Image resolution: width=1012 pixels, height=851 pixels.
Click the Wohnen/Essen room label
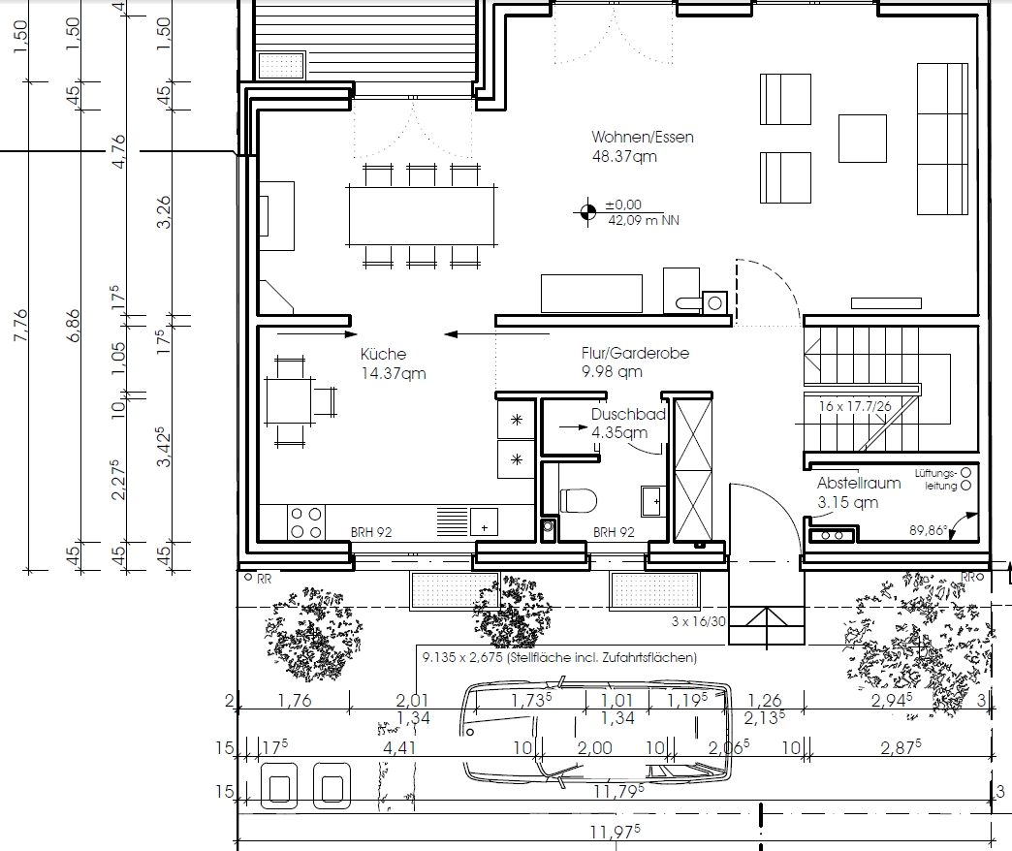[642, 137]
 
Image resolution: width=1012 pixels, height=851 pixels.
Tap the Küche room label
[383, 354]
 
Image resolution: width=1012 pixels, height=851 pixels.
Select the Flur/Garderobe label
[635, 353]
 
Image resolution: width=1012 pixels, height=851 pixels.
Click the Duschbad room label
[628, 414]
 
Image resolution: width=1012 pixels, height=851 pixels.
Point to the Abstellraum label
[859, 483]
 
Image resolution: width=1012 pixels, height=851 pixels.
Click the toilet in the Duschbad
[579, 500]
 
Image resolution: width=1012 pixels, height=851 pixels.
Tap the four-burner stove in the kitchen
[306, 522]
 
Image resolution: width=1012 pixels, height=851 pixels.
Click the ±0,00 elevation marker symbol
[587, 211]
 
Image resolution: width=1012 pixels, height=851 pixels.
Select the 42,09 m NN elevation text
[644, 220]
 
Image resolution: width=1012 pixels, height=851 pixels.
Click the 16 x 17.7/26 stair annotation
[855, 406]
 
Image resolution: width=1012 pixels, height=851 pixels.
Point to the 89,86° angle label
[928, 530]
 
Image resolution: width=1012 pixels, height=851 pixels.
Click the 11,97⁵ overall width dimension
[616, 831]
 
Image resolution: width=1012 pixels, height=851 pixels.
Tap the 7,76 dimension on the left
[20, 326]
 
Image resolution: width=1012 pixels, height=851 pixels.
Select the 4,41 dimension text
[399, 747]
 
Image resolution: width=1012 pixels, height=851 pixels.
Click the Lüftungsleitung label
[935, 480]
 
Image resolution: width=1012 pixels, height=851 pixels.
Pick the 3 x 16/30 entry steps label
[698, 622]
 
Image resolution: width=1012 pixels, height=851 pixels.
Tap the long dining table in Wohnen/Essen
[422, 216]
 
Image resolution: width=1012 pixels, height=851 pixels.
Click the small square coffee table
[863, 139]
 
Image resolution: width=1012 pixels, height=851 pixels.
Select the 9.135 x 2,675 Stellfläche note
[559, 657]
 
